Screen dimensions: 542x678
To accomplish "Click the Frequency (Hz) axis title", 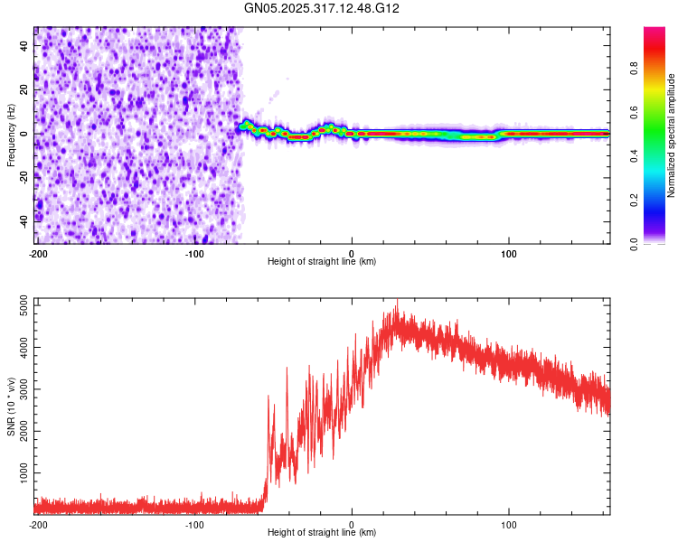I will [11, 135].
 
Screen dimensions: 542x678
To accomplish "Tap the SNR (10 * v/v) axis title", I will [11, 406].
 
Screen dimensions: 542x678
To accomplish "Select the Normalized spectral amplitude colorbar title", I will [671, 135].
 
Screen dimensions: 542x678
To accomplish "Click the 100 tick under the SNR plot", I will [509, 524].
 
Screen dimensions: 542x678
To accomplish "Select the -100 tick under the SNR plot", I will [194, 524].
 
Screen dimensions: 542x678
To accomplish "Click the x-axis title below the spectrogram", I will [323, 262].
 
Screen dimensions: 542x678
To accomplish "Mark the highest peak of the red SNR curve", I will [396, 302].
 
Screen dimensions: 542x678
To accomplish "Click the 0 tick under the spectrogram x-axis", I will [353, 252].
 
